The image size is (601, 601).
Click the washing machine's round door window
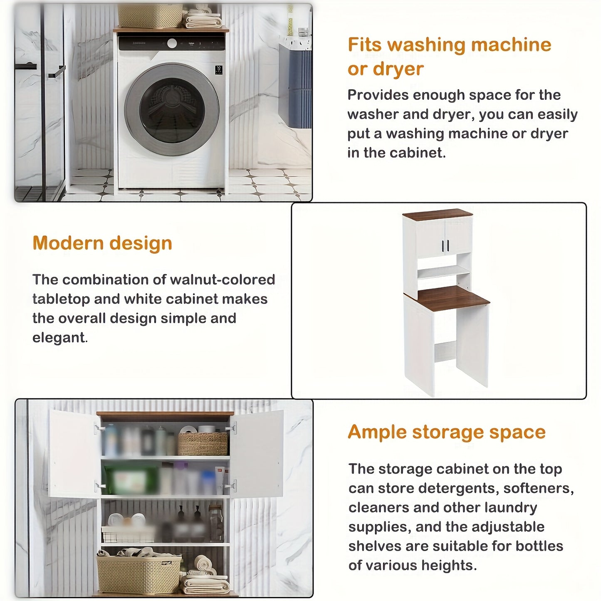172,109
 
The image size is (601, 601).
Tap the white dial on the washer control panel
172,43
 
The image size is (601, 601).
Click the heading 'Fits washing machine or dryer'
450,57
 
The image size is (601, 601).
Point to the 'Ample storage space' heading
447,432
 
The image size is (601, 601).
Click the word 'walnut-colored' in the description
223,279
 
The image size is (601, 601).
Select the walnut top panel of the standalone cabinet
438,214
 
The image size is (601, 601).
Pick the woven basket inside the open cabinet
203,443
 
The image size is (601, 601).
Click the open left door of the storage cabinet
74,454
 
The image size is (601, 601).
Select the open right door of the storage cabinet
256,454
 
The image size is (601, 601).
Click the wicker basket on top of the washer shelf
150,15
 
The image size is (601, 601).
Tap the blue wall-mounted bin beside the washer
295,85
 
